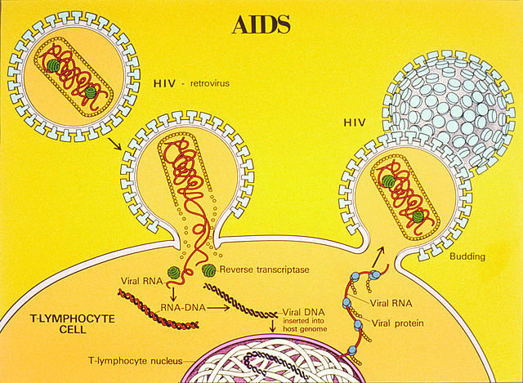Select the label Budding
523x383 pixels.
[467, 256]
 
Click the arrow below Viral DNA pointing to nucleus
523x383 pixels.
[271, 329]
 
